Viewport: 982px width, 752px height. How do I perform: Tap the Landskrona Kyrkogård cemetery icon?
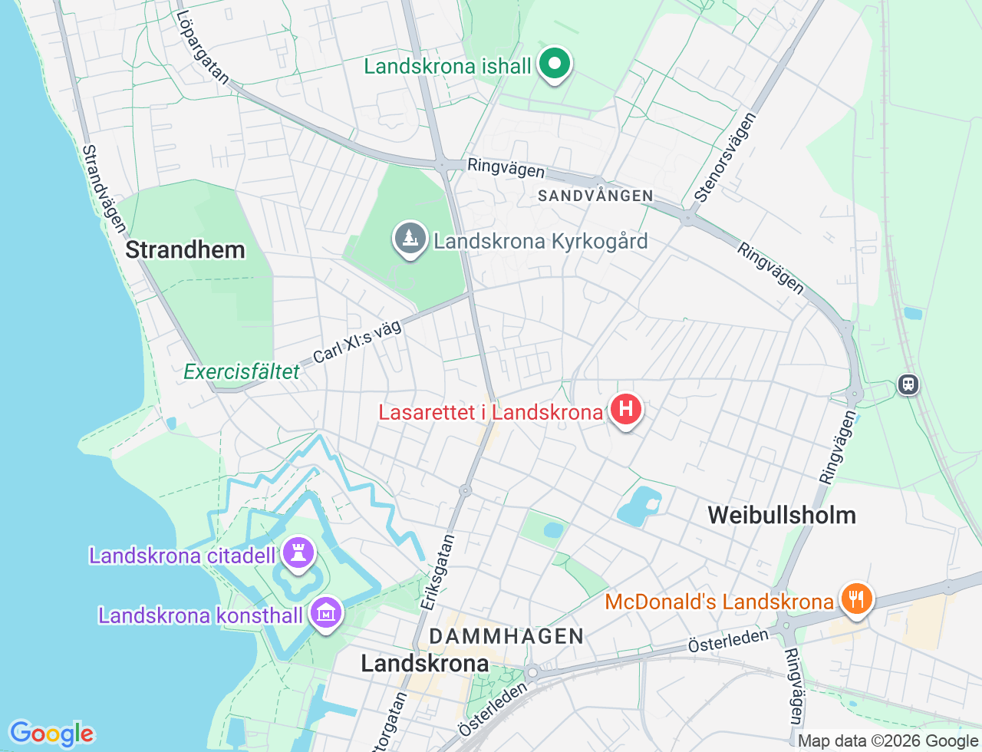pos(410,239)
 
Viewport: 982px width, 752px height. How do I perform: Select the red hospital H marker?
pos(625,410)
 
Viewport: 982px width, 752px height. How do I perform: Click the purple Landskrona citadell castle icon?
pos(298,553)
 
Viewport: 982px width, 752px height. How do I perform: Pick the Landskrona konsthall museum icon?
pos(327,613)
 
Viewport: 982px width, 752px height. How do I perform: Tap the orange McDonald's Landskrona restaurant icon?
pos(855,599)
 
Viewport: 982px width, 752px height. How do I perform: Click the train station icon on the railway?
pos(908,384)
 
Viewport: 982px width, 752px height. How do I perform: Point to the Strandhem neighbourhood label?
pos(185,249)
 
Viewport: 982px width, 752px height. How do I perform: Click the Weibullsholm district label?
pos(781,515)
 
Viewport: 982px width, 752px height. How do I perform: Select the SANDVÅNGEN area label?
pos(595,196)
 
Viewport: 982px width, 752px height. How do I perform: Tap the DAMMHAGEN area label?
pos(506,636)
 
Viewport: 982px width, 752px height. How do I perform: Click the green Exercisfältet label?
pos(242,372)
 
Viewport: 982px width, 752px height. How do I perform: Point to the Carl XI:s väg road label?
pos(358,341)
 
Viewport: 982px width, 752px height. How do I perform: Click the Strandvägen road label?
pos(104,188)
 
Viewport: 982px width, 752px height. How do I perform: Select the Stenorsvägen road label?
pos(725,157)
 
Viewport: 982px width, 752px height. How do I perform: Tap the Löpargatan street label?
pos(203,47)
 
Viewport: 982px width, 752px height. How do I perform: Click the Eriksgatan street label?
pos(438,572)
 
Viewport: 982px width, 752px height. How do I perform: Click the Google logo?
pos(51,734)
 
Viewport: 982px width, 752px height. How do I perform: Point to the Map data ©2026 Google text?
pos(888,740)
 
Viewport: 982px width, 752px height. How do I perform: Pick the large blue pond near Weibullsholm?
pos(638,507)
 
